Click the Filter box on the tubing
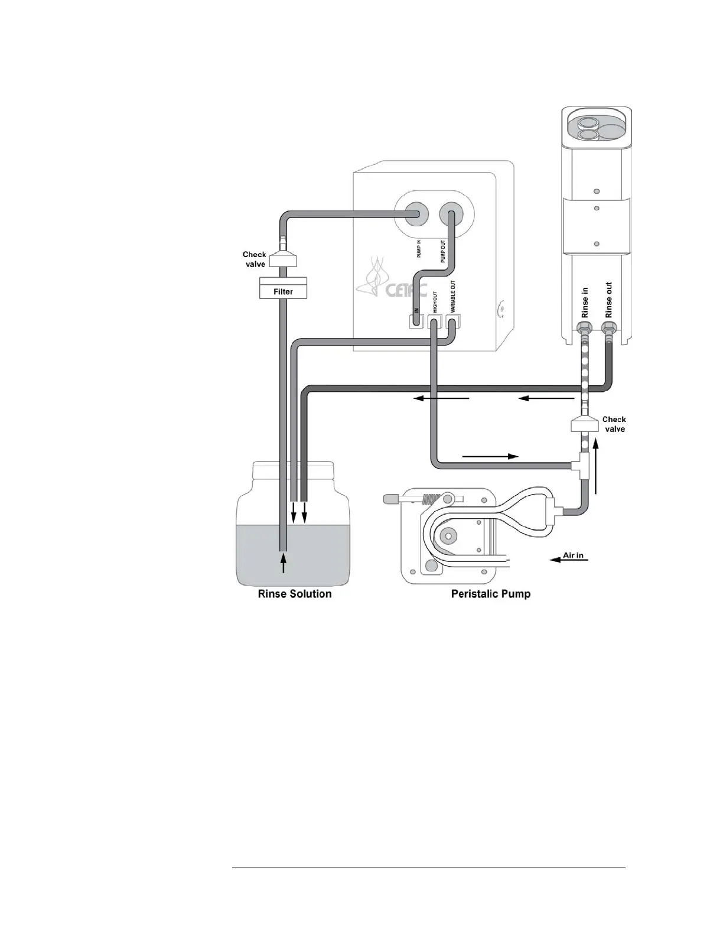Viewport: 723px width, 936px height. coord(283,291)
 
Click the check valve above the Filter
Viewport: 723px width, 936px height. coord(282,260)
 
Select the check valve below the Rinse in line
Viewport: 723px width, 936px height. coord(585,424)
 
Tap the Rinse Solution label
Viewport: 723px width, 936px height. coord(295,594)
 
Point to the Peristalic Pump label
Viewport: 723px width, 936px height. coord(490,594)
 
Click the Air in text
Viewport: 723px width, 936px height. coord(573,555)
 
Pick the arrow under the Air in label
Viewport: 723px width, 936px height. coord(568,560)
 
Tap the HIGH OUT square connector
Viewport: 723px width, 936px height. coord(435,322)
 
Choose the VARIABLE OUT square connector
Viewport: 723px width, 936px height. coord(453,322)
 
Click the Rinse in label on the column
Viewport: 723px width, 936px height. coord(585,303)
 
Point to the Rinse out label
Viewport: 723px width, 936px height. coord(609,300)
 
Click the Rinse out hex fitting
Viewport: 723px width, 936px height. coord(608,327)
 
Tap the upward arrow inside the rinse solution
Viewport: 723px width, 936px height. coord(284,562)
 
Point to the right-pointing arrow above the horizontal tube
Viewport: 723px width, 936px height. coord(490,456)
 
